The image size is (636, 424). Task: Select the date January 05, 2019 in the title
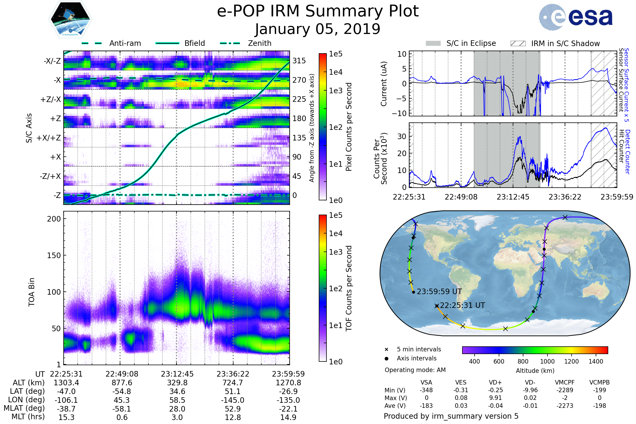coord(317,29)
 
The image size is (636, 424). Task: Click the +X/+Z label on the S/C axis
coord(49,138)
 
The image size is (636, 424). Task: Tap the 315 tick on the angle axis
coord(299,61)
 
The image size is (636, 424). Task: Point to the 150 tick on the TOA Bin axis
coord(54,255)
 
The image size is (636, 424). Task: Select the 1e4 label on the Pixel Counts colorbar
coord(335,72)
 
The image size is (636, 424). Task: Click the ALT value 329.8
coord(177,383)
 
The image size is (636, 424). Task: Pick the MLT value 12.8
coord(233,417)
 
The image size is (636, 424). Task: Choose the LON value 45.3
coord(122,400)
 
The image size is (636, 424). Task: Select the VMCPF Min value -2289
coord(565,390)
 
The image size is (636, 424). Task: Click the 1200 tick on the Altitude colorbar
coord(571,361)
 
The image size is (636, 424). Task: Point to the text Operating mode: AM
coord(415,370)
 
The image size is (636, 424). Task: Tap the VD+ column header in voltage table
coord(495,382)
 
